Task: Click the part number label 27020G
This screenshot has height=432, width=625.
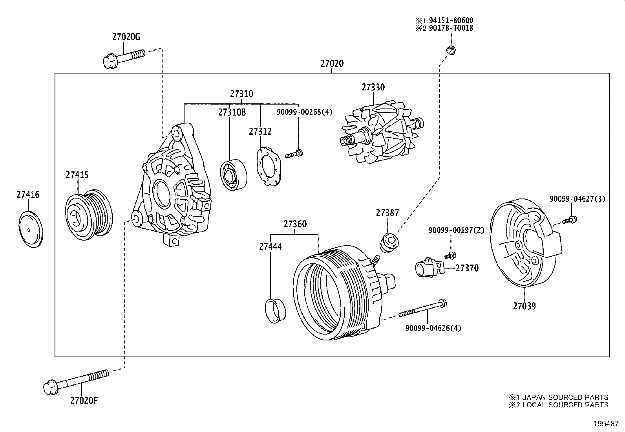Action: [126, 37]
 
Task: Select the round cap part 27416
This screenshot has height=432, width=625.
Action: [31, 229]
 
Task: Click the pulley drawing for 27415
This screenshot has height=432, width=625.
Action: [89, 214]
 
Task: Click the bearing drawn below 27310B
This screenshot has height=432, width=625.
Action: [234, 175]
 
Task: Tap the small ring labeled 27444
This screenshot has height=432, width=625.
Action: [276, 311]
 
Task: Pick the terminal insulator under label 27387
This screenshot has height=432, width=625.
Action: [389, 243]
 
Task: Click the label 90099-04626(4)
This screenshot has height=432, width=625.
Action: [433, 328]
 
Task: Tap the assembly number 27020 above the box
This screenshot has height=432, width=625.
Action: [332, 64]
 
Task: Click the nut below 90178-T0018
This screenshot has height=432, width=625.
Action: [451, 50]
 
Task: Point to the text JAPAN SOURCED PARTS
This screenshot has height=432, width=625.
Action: [563, 397]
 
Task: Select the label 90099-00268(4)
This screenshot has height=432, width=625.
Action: [304, 112]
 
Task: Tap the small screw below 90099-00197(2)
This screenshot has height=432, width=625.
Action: [450, 255]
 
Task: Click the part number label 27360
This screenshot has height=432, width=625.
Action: [295, 224]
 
